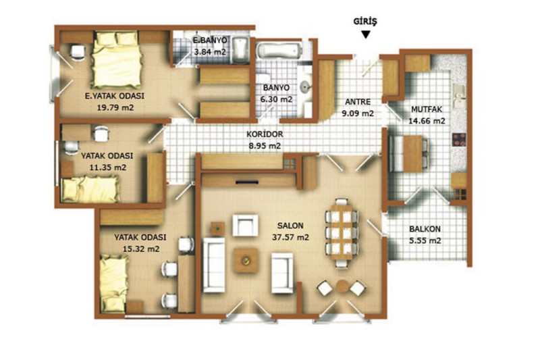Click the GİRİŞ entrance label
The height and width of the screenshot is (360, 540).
pyautogui.click(x=365, y=22)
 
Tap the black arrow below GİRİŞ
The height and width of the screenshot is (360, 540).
pyautogui.click(x=366, y=34)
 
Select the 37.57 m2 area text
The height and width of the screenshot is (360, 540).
pyautogui.click(x=290, y=237)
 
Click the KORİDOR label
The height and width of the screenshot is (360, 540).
pyautogui.click(x=265, y=134)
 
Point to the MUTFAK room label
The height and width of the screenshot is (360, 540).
pyautogui.click(x=427, y=109)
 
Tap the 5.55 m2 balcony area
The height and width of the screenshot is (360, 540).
pyautogui.click(x=425, y=240)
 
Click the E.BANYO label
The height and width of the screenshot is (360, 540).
pyautogui.click(x=210, y=41)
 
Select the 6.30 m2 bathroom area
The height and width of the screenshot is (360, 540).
pyautogui.click(x=276, y=99)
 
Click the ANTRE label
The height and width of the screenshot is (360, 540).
pyautogui.click(x=358, y=102)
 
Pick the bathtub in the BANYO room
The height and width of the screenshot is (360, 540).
pyautogui.click(x=279, y=51)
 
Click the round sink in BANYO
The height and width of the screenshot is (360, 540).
pyautogui.click(x=306, y=86)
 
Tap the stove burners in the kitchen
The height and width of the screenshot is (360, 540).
pyautogui.click(x=459, y=140)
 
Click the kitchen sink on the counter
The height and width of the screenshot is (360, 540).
pyautogui.click(x=460, y=96)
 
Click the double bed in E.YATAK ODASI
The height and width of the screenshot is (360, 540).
pyautogui.click(x=116, y=59)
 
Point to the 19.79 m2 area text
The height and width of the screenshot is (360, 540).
pyautogui.click(x=115, y=107)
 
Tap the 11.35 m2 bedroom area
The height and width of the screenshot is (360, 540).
pyautogui.click(x=107, y=168)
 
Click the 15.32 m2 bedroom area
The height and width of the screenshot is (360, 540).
pyautogui.click(x=141, y=249)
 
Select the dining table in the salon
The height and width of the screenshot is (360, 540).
pyautogui.click(x=342, y=232)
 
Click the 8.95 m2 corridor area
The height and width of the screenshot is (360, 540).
pyautogui.click(x=265, y=146)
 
